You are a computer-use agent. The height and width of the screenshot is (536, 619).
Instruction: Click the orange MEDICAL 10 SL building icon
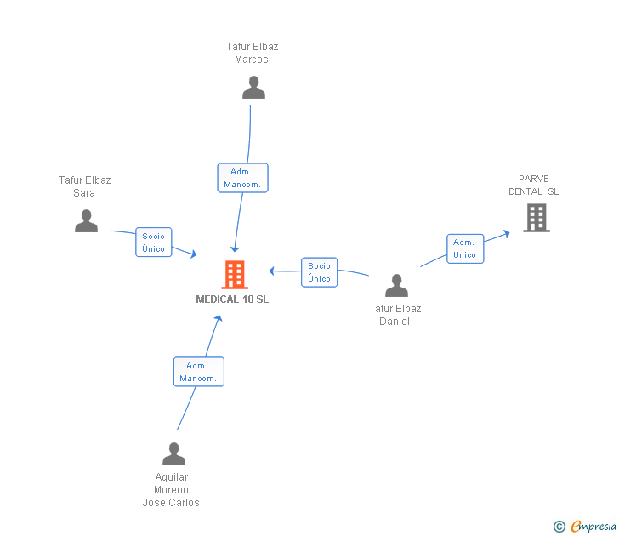(x=235, y=275)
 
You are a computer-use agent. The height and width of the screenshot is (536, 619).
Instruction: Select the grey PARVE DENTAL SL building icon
(x=537, y=218)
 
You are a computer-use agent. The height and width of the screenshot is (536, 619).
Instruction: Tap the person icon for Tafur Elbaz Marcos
(x=253, y=88)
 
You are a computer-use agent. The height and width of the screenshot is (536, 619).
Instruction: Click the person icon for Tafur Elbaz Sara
(x=86, y=221)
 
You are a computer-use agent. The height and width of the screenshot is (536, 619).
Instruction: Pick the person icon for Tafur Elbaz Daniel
(x=396, y=285)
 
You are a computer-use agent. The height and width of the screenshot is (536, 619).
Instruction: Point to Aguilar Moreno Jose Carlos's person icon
(x=173, y=453)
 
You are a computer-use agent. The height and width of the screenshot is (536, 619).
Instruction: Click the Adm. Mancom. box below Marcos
(x=243, y=178)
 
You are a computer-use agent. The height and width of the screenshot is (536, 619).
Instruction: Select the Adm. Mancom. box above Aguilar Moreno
(x=199, y=372)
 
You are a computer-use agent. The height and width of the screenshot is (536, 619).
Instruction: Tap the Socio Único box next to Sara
(x=154, y=242)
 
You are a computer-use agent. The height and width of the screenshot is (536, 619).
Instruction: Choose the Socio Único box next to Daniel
(x=320, y=272)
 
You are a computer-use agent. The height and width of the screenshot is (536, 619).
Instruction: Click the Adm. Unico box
(x=465, y=248)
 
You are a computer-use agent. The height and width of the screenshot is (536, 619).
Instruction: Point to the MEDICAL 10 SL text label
(x=232, y=299)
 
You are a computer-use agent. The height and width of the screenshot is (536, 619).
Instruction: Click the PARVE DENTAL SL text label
(x=533, y=185)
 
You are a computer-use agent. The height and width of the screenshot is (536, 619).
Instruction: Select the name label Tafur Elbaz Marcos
(x=252, y=53)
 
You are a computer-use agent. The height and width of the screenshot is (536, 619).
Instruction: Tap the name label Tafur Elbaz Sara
(x=84, y=186)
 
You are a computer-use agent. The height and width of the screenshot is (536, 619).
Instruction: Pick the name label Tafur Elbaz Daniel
(x=395, y=315)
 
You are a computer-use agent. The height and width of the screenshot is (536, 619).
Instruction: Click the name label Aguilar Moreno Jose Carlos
(x=171, y=490)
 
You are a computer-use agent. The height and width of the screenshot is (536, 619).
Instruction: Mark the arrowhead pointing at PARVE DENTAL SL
(x=507, y=234)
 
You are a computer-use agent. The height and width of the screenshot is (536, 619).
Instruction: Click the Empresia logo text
(x=593, y=526)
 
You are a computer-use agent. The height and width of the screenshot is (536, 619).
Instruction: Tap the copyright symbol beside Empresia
(x=559, y=527)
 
